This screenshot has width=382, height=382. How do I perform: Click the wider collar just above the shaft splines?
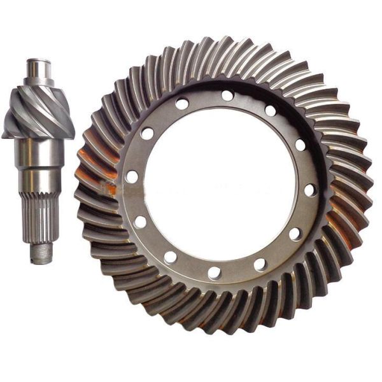point(39,181)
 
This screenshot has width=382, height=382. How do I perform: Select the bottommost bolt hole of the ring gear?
point(215,272)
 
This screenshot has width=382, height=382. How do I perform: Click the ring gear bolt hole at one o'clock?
point(271,111)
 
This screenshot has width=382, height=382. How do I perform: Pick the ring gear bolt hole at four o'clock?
point(295,234)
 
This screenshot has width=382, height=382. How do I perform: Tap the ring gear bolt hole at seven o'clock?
point(170,257)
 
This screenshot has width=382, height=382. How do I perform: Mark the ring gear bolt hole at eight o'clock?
point(141,222)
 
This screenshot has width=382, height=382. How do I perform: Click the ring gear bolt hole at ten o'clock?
point(147,133)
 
